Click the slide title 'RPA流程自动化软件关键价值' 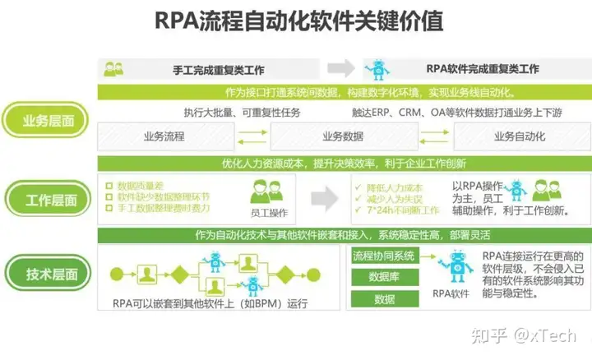point(298,22)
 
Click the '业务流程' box point(164,136)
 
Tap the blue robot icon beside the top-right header point(380,68)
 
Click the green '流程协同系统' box point(384,256)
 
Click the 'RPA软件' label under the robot point(451,292)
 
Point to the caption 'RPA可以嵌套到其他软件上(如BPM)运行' point(209,305)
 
